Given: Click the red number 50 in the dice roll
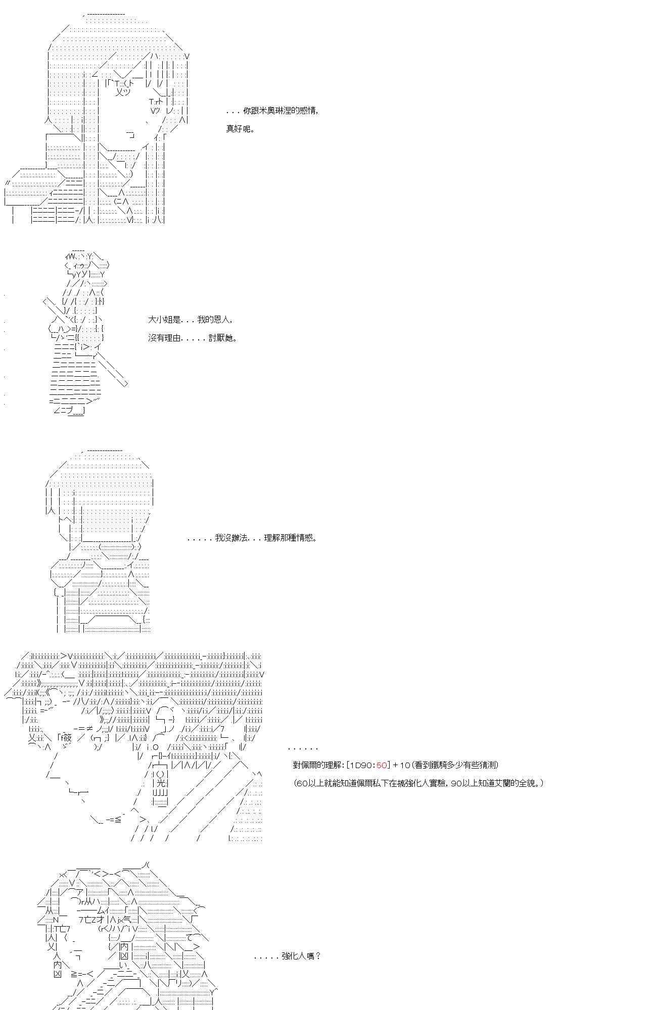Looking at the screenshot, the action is click(382, 765).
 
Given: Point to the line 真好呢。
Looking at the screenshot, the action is click(240, 129).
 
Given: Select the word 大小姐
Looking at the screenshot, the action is click(161, 320).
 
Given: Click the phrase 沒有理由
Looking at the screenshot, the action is click(164, 338).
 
